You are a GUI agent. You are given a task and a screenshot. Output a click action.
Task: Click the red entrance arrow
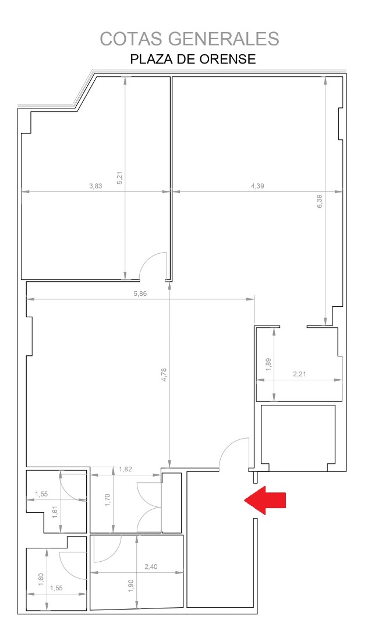coord(265,500)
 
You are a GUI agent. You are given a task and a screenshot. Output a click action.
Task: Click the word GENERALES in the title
coord(224,39)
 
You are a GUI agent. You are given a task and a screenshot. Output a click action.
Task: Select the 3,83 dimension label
coord(96,186)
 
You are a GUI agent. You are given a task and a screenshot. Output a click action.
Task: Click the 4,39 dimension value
coord(258,186)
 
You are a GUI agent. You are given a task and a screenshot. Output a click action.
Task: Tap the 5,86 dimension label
coord(140,293)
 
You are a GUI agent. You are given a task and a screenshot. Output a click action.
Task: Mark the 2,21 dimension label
coord(300,374)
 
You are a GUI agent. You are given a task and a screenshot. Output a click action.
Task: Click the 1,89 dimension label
coord(268,365)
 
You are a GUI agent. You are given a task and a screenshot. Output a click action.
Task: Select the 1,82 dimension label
coord(126,469)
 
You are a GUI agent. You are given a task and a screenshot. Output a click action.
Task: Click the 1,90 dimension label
coord(130,586)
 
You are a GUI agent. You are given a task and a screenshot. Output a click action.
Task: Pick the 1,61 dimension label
coord(55,512)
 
